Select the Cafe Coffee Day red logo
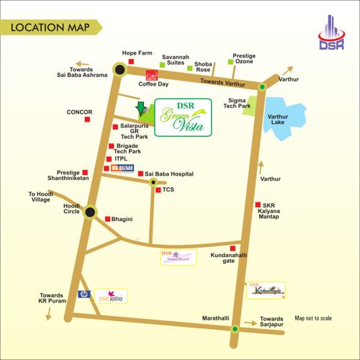coord(152,74)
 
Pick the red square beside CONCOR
coord(88,120)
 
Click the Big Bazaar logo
coord(123,168)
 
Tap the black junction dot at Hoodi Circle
coord(90,212)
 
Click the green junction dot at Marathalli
coord(235,329)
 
